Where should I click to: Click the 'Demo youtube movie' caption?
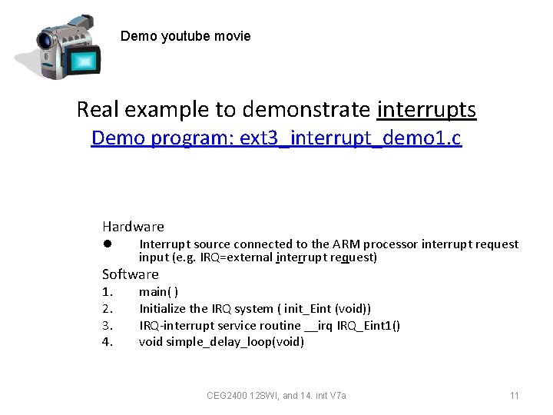[x=185, y=36]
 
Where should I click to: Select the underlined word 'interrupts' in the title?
[x=426, y=110]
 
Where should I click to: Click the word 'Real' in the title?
[x=99, y=110]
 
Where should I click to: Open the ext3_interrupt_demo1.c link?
[x=276, y=138]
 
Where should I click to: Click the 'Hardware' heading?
[x=133, y=227]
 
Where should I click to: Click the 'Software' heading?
[x=131, y=274]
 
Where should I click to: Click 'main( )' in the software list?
[x=158, y=292]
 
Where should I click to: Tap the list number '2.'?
[x=108, y=309]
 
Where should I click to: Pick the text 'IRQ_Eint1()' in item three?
[x=368, y=326]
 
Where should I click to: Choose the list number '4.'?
[x=108, y=342]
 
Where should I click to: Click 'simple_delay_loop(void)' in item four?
[x=235, y=342]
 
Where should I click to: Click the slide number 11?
[x=515, y=396]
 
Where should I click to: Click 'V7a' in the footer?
[x=337, y=396]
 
